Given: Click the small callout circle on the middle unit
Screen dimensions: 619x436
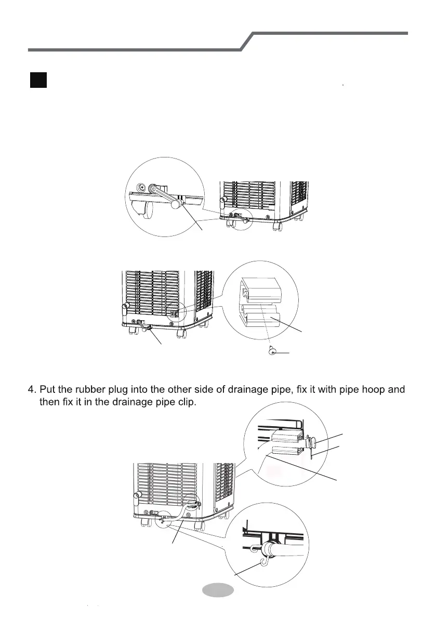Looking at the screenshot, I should point(175,312).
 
